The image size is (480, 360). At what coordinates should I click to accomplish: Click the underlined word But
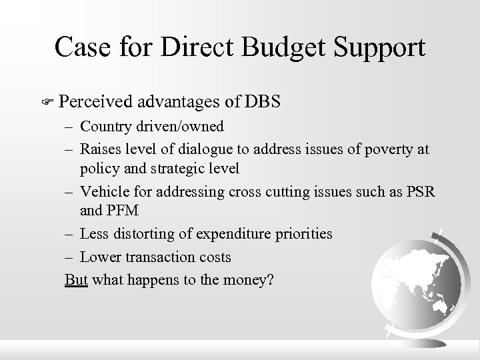[76, 279]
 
